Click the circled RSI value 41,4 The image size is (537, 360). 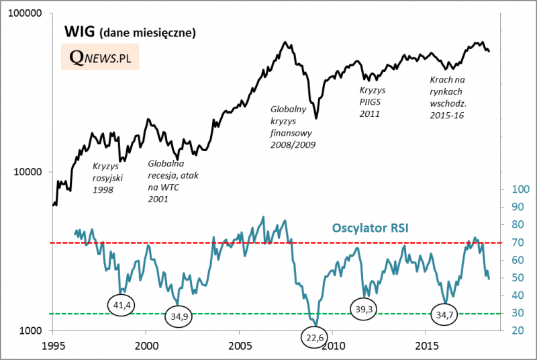(121, 306)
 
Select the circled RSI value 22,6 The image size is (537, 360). (315, 338)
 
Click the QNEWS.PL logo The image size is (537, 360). (99, 58)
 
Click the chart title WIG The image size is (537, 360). (81, 32)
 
